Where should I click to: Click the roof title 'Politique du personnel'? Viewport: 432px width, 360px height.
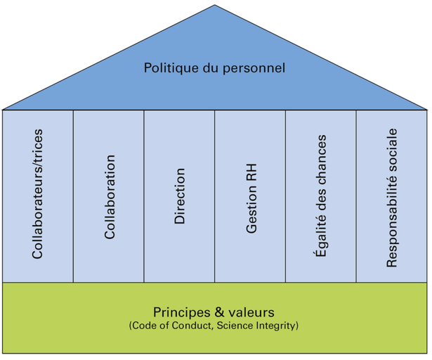[214, 68]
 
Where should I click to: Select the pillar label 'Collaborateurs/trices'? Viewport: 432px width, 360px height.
[38, 194]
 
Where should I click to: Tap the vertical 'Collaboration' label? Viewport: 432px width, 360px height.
[109, 197]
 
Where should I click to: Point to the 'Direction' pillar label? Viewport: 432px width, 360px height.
[180, 196]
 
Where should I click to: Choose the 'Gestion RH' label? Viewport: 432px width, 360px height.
[251, 200]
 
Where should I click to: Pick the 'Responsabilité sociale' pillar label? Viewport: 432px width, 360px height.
[392, 198]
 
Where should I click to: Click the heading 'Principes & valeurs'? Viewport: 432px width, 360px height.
[214, 311]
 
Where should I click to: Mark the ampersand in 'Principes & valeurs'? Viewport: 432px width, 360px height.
[216, 311]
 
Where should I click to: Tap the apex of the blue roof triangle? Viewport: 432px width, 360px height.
[215, 7]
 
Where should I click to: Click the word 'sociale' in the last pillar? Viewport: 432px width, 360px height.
[392, 151]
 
